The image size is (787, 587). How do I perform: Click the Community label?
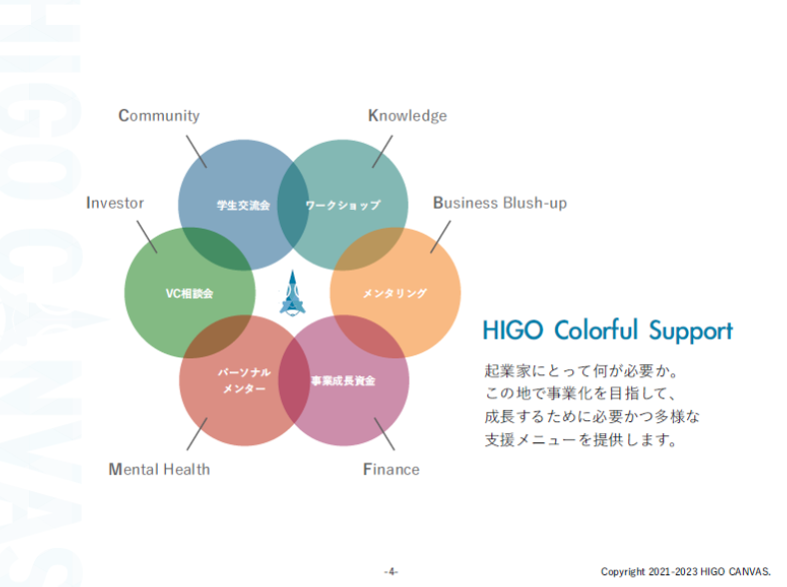pos(159,116)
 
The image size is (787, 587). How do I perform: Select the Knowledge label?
pos(407,116)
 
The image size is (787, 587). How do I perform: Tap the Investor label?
pos(115,203)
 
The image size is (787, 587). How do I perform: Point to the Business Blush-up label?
pos(499,203)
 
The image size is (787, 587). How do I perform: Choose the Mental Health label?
pos(159,469)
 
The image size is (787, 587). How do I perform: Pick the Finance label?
pos(391,469)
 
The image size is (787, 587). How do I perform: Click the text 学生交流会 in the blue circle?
pos(244,205)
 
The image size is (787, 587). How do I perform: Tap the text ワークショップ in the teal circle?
pos(343,205)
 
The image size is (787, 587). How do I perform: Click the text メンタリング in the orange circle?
pos(394,293)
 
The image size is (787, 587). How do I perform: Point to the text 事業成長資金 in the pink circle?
pos(343,380)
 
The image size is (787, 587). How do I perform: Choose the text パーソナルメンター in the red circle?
pos(244,379)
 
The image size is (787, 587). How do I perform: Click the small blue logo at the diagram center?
pos(294,293)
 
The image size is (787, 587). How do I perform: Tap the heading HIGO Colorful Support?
pos(607,330)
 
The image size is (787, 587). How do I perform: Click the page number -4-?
pos(392,571)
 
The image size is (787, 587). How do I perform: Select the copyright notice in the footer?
pos(685,571)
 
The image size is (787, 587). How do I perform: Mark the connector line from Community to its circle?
pos(195,151)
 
